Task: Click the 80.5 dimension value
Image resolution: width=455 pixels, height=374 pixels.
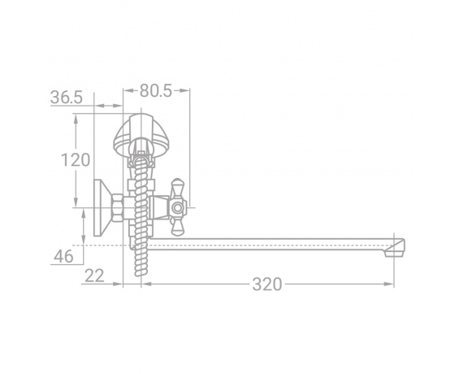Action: click(156, 90)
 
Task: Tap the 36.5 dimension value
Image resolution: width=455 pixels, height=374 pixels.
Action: click(67, 98)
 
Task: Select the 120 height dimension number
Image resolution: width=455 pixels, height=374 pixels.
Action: click(76, 160)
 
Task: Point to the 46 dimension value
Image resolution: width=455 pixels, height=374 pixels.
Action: click(63, 256)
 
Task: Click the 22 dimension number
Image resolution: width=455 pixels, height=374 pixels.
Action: click(94, 276)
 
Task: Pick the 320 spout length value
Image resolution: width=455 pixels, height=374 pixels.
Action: click(267, 284)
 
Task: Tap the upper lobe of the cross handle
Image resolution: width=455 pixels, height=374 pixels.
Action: click(177, 188)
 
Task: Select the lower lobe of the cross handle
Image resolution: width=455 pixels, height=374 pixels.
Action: click(177, 227)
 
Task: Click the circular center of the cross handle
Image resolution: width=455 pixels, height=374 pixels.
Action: click(177, 208)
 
